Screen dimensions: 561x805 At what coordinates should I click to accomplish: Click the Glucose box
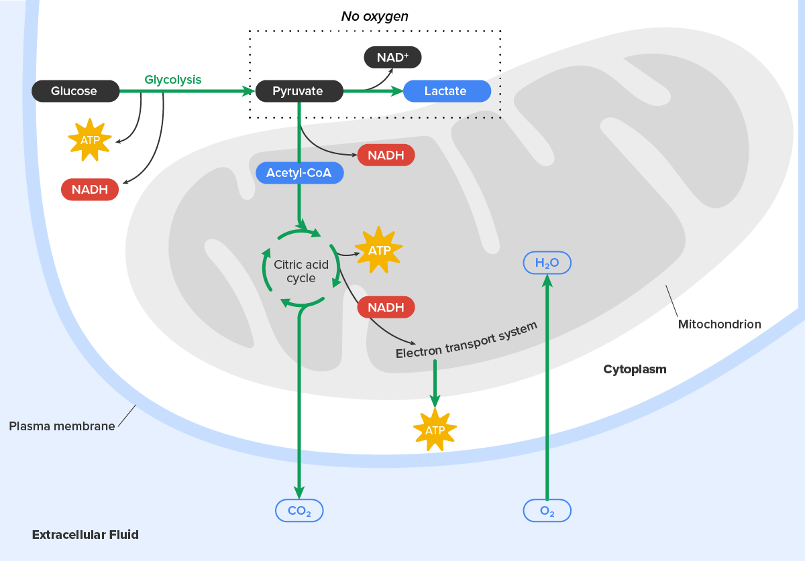point(75,91)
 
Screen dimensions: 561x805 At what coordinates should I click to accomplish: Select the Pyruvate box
point(299,91)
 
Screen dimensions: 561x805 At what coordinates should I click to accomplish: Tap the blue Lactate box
point(446,91)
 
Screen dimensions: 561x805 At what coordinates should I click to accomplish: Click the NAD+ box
point(392,58)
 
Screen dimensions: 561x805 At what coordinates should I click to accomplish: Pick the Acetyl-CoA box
point(299,173)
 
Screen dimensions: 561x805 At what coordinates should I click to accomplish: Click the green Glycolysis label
point(172,80)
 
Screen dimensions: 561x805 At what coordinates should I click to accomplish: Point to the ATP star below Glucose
point(89,140)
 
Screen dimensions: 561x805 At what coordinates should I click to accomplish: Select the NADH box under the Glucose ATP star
point(90,190)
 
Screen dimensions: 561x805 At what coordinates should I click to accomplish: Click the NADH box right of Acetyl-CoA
point(386,155)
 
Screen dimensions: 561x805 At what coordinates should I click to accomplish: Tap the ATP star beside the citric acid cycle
point(378,251)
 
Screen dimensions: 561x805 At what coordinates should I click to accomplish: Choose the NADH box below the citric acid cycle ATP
point(386,308)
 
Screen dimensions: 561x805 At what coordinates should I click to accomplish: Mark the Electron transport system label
point(466,340)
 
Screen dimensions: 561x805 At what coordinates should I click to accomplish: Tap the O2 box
point(547,511)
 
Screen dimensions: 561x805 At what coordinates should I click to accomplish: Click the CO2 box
point(299,511)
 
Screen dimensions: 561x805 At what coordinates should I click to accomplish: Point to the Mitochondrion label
point(719,324)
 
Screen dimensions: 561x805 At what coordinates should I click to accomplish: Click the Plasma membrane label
point(62,426)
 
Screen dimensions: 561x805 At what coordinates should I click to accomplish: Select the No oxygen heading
point(374,16)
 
